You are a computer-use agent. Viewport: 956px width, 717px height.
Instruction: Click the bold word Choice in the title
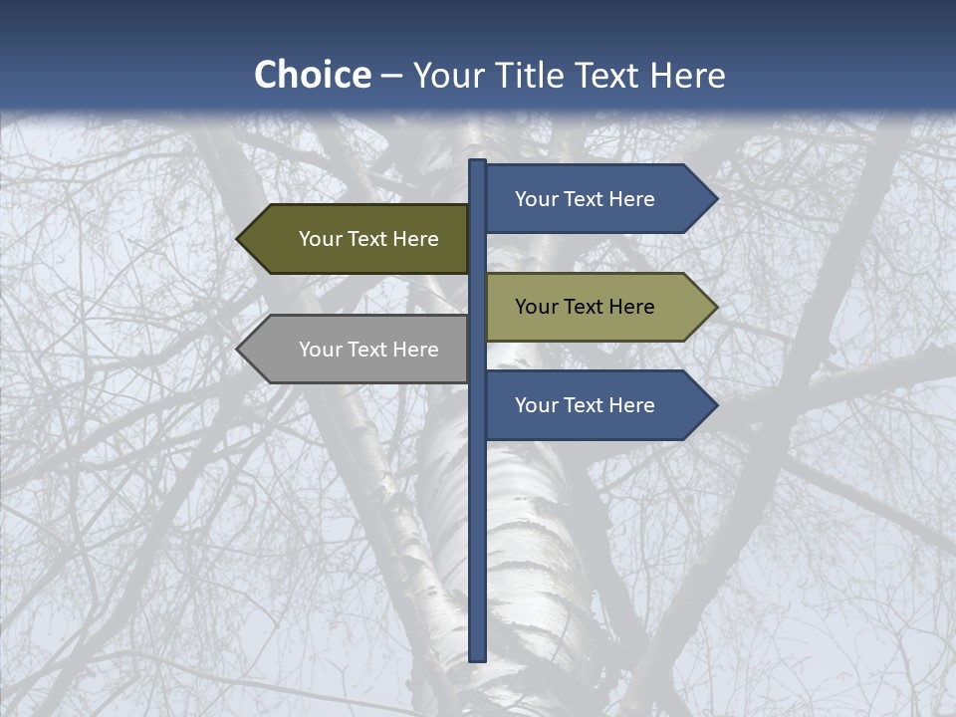[x=312, y=76]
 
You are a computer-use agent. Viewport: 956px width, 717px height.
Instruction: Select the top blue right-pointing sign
[x=597, y=199]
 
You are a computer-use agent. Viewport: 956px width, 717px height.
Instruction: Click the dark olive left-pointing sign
[x=358, y=239]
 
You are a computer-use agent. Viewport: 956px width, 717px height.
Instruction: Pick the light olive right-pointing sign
[x=597, y=307]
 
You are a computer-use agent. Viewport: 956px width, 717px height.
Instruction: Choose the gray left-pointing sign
[x=358, y=350]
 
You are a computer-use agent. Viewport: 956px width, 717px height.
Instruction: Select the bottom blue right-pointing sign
[x=597, y=405]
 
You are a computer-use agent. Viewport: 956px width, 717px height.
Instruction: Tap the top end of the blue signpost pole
[x=477, y=164]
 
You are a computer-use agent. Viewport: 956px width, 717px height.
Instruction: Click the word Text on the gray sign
[x=368, y=350]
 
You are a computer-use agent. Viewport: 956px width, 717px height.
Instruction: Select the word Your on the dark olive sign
[x=320, y=239]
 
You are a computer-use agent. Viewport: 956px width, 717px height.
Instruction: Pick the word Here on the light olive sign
[x=631, y=307]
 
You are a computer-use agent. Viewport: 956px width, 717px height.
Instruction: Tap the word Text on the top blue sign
[x=585, y=199]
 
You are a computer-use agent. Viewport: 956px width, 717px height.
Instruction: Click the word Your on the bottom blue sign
[x=536, y=405]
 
